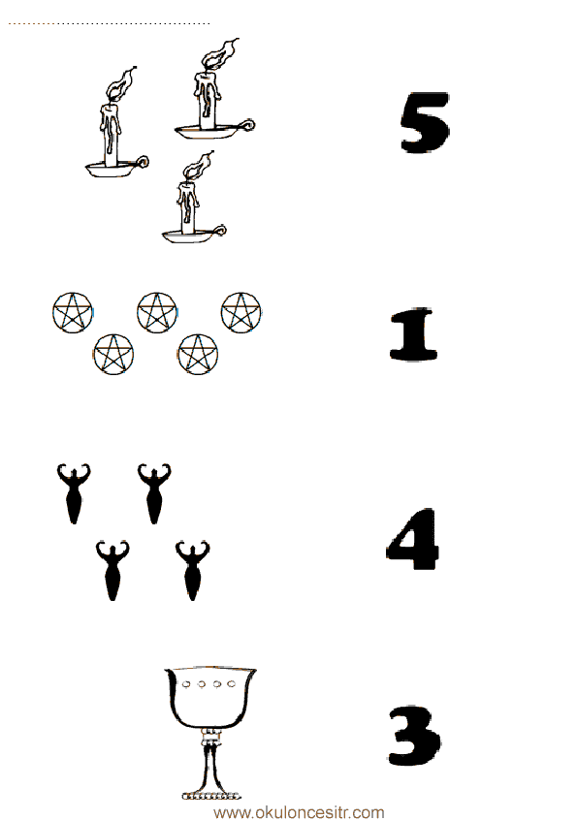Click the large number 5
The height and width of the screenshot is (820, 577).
pyautogui.click(x=425, y=122)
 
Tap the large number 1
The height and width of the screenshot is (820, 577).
pyautogui.click(x=413, y=334)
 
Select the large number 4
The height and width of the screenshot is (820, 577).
pyautogui.click(x=412, y=539)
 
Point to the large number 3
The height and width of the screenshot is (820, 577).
pyautogui.click(x=414, y=736)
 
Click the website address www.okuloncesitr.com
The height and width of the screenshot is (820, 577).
pyautogui.click(x=299, y=812)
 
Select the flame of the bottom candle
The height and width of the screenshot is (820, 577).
pyautogui.click(x=199, y=167)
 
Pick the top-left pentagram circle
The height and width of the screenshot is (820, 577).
pyautogui.click(x=73, y=312)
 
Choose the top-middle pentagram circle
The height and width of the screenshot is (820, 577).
pyautogui.click(x=157, y=312)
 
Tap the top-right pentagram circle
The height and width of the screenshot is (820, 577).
pyautogui.click(x=241, y=312)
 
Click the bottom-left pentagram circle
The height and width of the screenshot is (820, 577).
pyautogui.click(x=113, y=354)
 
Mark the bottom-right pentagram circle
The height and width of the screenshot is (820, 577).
pyautogui.click(x=198, y=354)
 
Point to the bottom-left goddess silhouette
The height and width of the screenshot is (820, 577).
pyautogui.click(x=112, y=571)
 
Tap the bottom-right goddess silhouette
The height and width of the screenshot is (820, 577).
pyautogui.click(x=193, y=571)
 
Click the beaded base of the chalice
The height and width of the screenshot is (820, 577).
pyautogui.click(x=211, y=796)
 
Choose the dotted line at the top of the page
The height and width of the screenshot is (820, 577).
pyautogui.click(x=109, y=23)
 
